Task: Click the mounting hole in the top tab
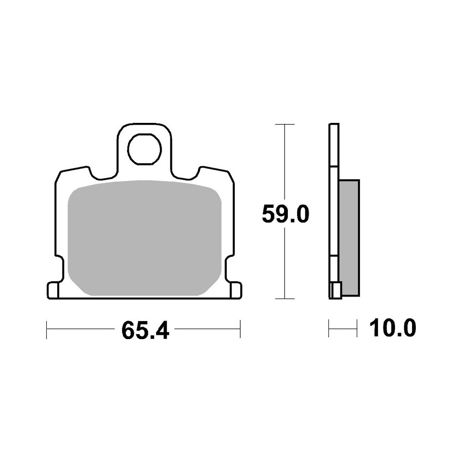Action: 145,150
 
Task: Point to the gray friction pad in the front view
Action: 145,238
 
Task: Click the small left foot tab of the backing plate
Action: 53,290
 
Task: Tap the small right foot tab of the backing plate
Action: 236,290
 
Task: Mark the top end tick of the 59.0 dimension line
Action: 285,125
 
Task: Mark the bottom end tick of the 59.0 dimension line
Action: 285,299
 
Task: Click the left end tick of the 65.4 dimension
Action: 47,329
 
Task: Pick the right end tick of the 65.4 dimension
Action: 241,329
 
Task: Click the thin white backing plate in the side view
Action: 334,208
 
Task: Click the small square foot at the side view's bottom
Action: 336,291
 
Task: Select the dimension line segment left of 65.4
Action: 81,329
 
